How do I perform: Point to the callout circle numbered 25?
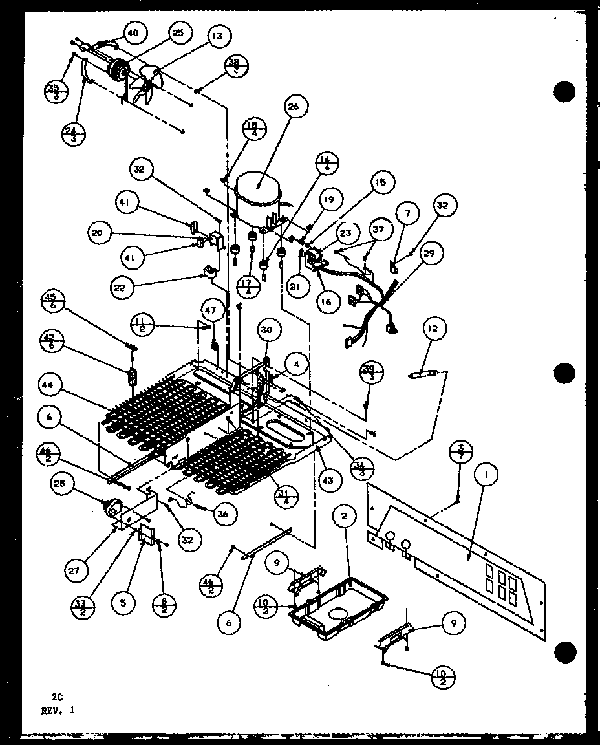178,32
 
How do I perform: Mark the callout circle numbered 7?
407,214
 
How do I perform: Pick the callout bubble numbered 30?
266,330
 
